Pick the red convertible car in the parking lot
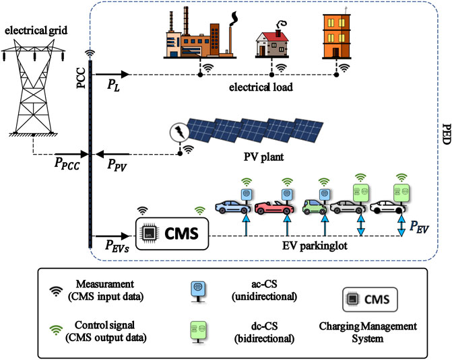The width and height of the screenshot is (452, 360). point(271,205)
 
